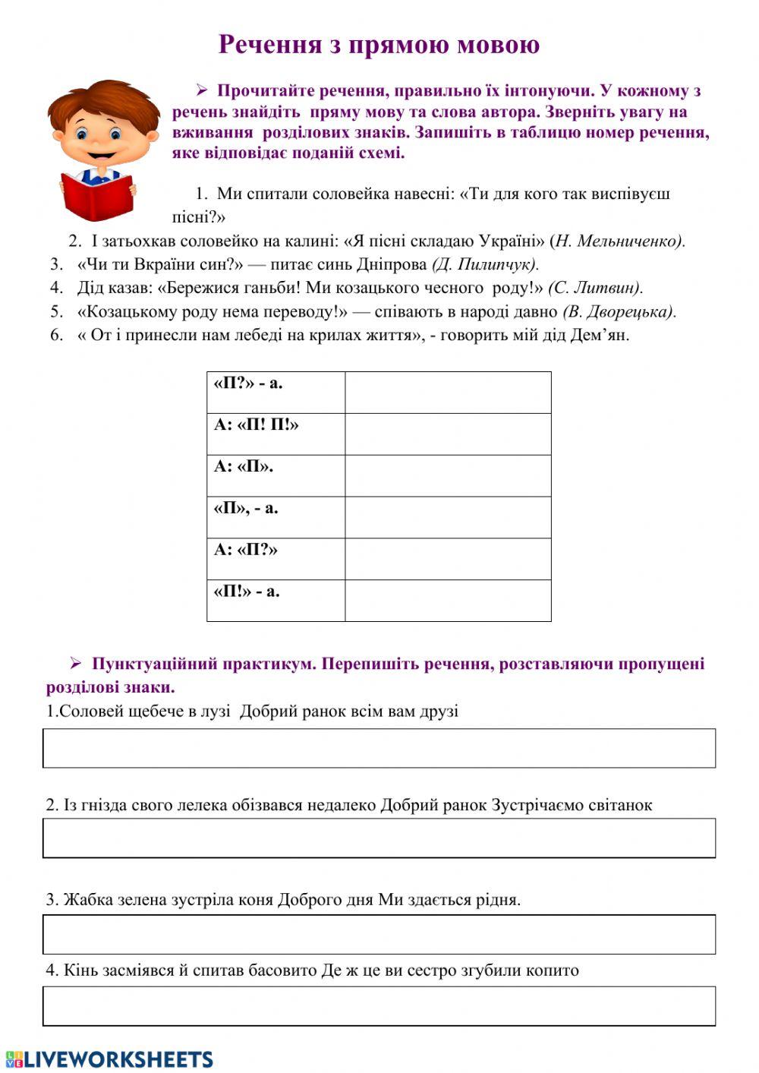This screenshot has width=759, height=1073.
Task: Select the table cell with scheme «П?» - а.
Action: point(276,392)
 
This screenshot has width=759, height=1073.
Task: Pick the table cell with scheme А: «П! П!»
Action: point(276,434)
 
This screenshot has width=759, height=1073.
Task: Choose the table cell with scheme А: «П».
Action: point(276,475)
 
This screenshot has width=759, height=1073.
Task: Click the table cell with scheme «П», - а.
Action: point(276,517)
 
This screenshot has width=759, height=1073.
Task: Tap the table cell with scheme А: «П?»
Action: point(276,559)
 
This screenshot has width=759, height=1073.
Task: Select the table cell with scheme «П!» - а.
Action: point(276,600)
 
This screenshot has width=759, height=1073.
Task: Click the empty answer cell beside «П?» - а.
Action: point(448,392)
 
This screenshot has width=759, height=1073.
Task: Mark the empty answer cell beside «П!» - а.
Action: point(448,600)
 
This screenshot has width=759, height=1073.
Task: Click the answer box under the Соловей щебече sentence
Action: point(379,748)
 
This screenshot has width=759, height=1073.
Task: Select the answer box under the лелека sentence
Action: point(379,838)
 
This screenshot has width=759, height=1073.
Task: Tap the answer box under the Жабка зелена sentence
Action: point(379,934)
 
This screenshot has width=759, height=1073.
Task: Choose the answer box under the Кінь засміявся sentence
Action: point(379,1005)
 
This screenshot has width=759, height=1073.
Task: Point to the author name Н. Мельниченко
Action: point(619,241)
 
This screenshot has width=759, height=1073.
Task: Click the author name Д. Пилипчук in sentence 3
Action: point(486,265)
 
